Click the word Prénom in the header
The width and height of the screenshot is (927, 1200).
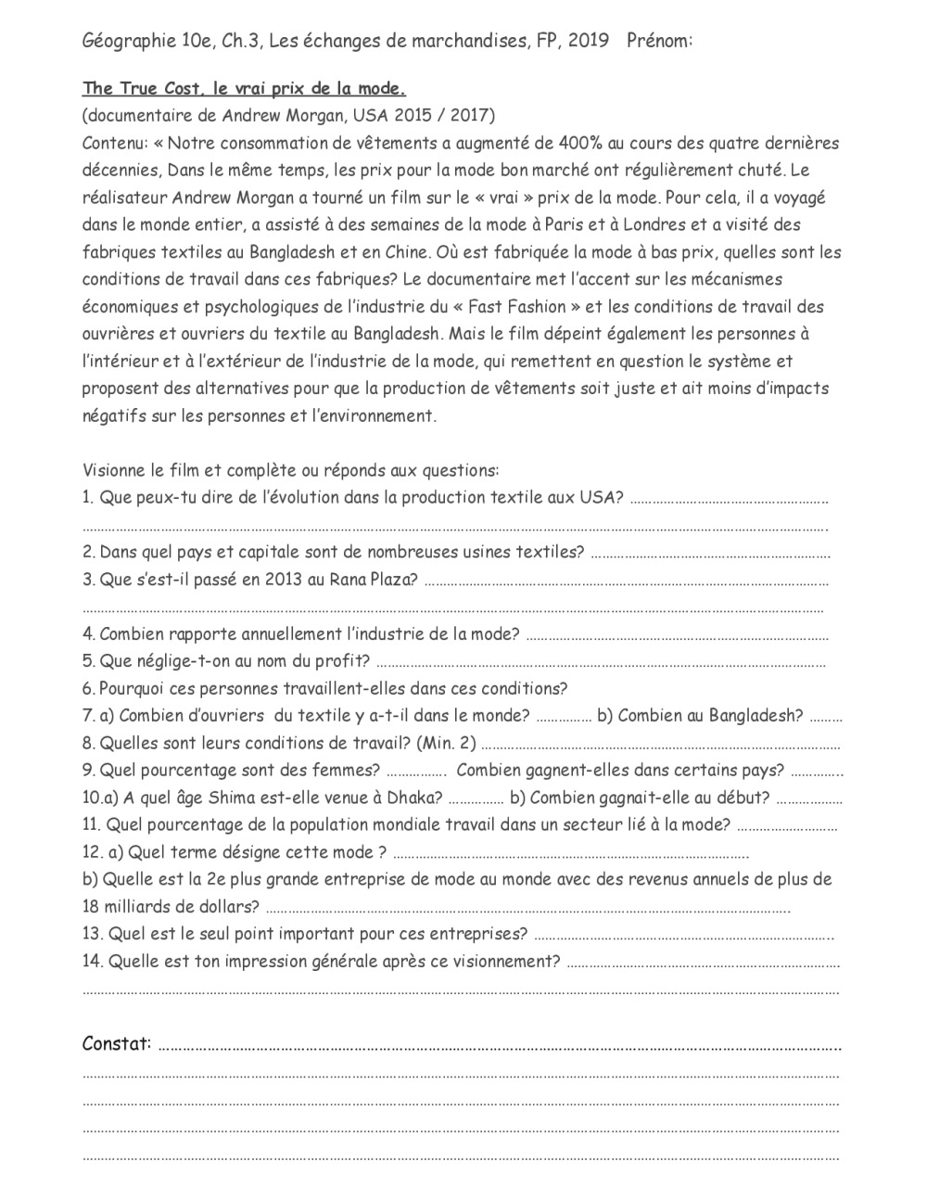(x=658, y=41)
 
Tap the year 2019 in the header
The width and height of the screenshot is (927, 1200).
(x=588, y=41)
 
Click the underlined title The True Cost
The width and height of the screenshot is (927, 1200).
(x=135, y=89)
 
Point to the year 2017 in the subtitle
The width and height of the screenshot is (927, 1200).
(x=471, y=116)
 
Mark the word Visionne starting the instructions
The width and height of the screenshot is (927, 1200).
(x=115, y=470)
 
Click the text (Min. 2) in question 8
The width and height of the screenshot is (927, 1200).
(x=447, y=744)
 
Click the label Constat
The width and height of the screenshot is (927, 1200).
(x=117, y=1044)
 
